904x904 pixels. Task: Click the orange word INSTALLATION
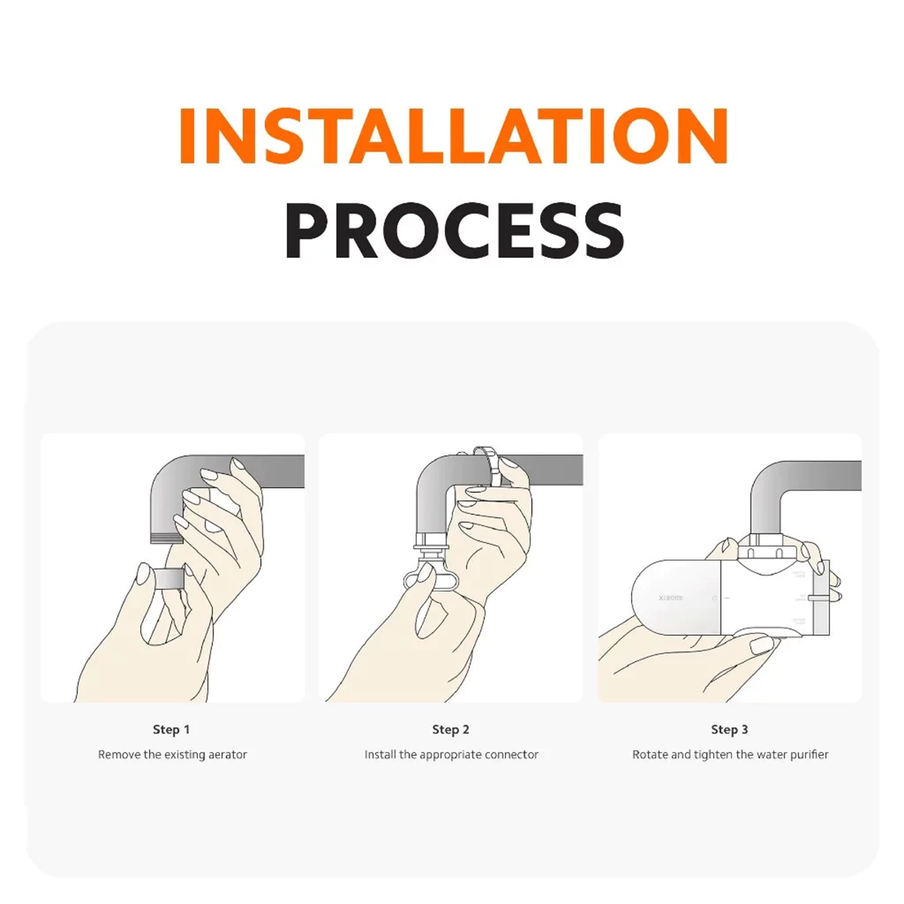pyautogui.click(x=453, y=136)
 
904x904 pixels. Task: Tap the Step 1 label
pyautogui.click(x=171, y=729)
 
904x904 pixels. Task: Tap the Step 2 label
pyautogui.click(x=450, y=729)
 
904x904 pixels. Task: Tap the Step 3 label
pyautogui.click(x=729, y=729)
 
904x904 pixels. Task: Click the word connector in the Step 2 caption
pyautogui.click(x=511, y=755)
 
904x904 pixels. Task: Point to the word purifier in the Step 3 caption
pyautogui.click(x=809, y=755)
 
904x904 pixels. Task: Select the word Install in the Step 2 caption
pyautogui.click(x=380, y=755)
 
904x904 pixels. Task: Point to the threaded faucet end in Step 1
pyautogui.click(x=167, y=537)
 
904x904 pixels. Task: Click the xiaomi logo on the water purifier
pyautogui.click(x=670, y=598)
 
